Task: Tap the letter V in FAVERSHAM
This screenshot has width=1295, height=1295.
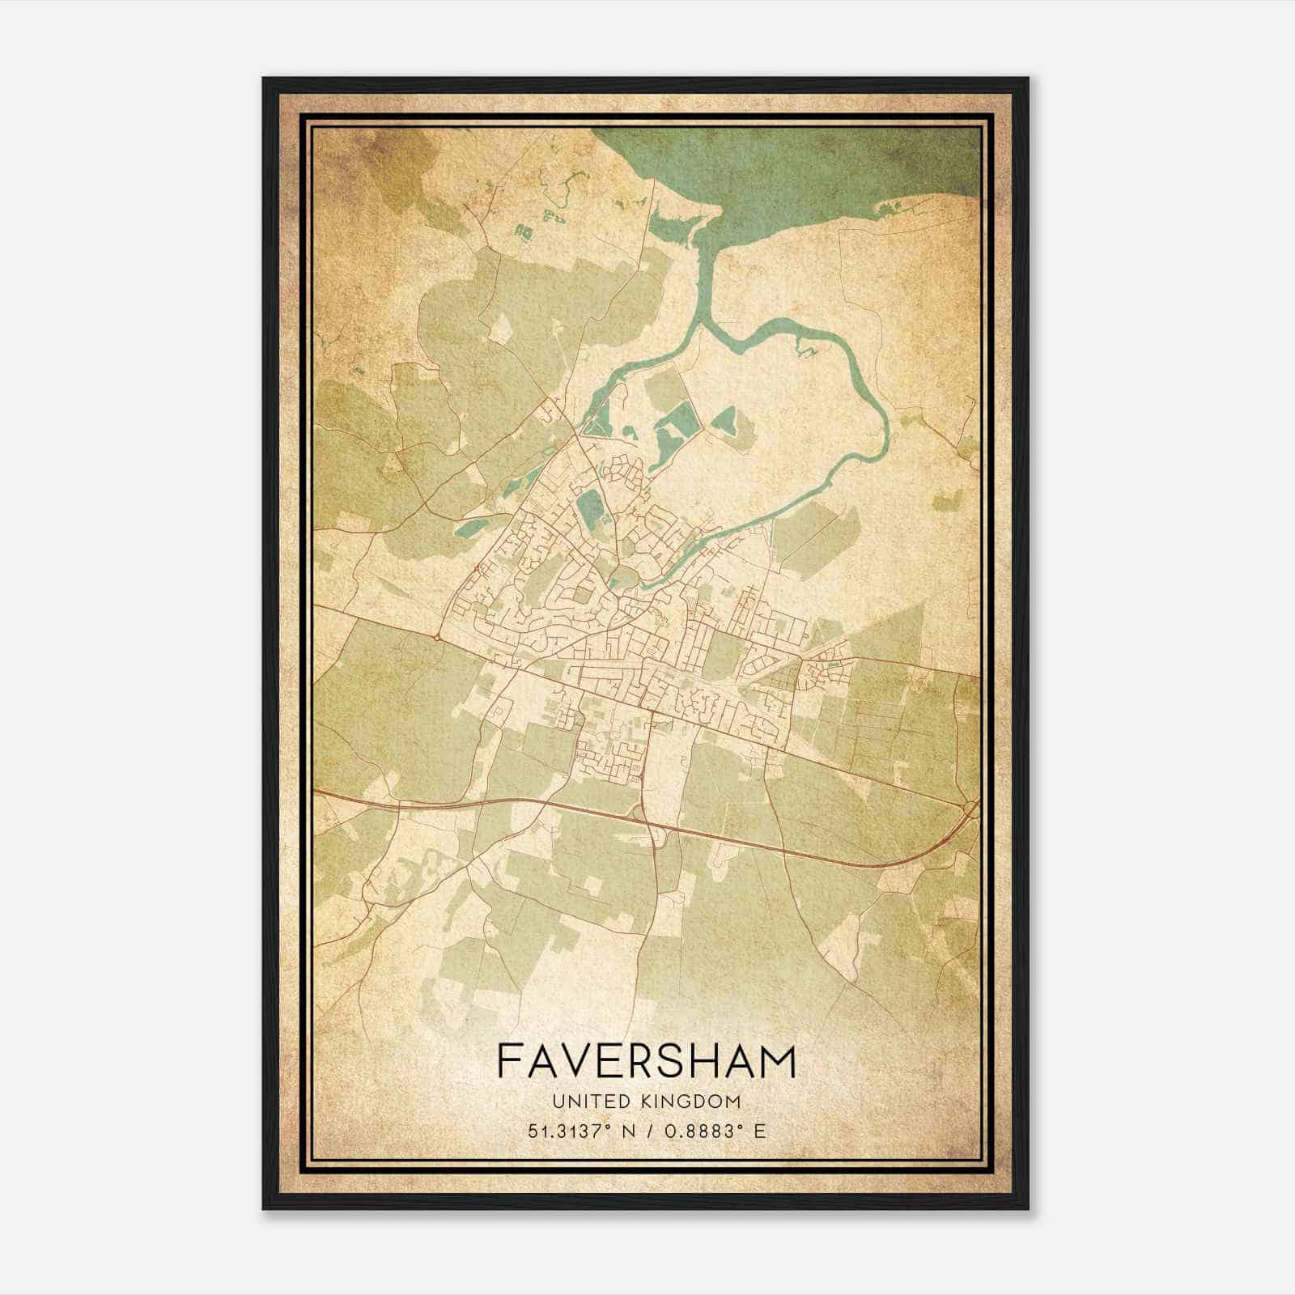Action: click(x=584, y=1060)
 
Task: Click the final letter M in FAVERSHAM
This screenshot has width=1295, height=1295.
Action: click(x=778, y=1060)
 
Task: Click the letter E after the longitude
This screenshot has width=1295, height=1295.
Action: click(x=760, y=1131)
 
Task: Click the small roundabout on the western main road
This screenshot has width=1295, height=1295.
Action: click(x=437, y=638)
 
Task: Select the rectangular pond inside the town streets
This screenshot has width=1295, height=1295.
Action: click(x=589, y=507)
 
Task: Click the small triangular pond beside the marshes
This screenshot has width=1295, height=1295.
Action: click(x=726, y=420)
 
